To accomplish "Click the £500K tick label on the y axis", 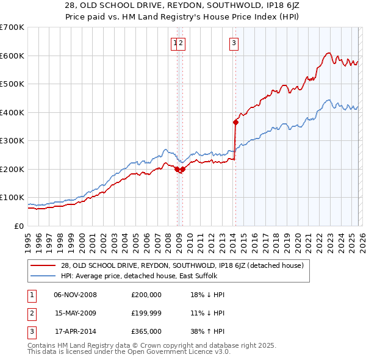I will (12, 84).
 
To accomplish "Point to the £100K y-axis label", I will (12, 198).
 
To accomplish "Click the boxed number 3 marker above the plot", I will (234, 43).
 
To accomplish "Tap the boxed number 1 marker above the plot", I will (175, 43).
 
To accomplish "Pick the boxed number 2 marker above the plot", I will (182, 43).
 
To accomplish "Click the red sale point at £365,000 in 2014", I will (235, 122).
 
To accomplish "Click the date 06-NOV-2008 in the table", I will (75, 295).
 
